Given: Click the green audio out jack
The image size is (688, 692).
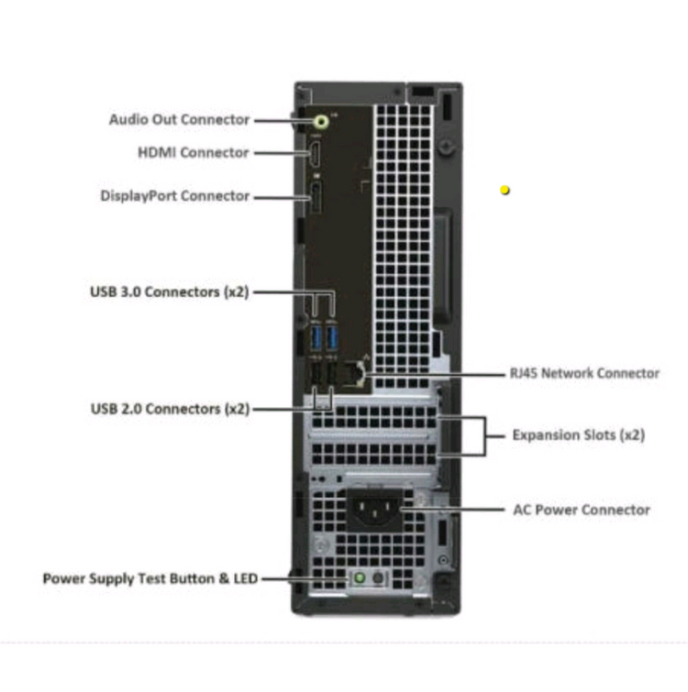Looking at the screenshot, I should coord(320,119).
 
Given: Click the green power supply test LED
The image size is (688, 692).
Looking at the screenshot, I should coord(361,578).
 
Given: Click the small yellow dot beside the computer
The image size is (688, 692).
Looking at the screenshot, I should coord(505,191).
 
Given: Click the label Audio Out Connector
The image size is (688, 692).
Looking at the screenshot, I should coord(179,119).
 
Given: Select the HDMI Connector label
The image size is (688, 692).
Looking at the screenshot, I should coord(193,152).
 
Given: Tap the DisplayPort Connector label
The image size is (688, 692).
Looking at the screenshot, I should coord(174,195).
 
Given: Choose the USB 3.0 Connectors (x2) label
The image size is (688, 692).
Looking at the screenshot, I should coord(169,292).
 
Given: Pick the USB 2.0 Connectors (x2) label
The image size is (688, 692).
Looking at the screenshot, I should coord(169,409).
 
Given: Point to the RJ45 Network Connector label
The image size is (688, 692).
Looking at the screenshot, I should coord(583,373).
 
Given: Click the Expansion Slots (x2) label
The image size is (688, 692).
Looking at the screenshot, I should coord(578,435).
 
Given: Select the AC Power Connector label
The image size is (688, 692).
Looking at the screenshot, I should coord(581,510).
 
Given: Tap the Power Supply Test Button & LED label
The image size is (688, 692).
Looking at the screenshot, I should coord(150,578).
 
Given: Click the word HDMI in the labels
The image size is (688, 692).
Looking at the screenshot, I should coord(157,152).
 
